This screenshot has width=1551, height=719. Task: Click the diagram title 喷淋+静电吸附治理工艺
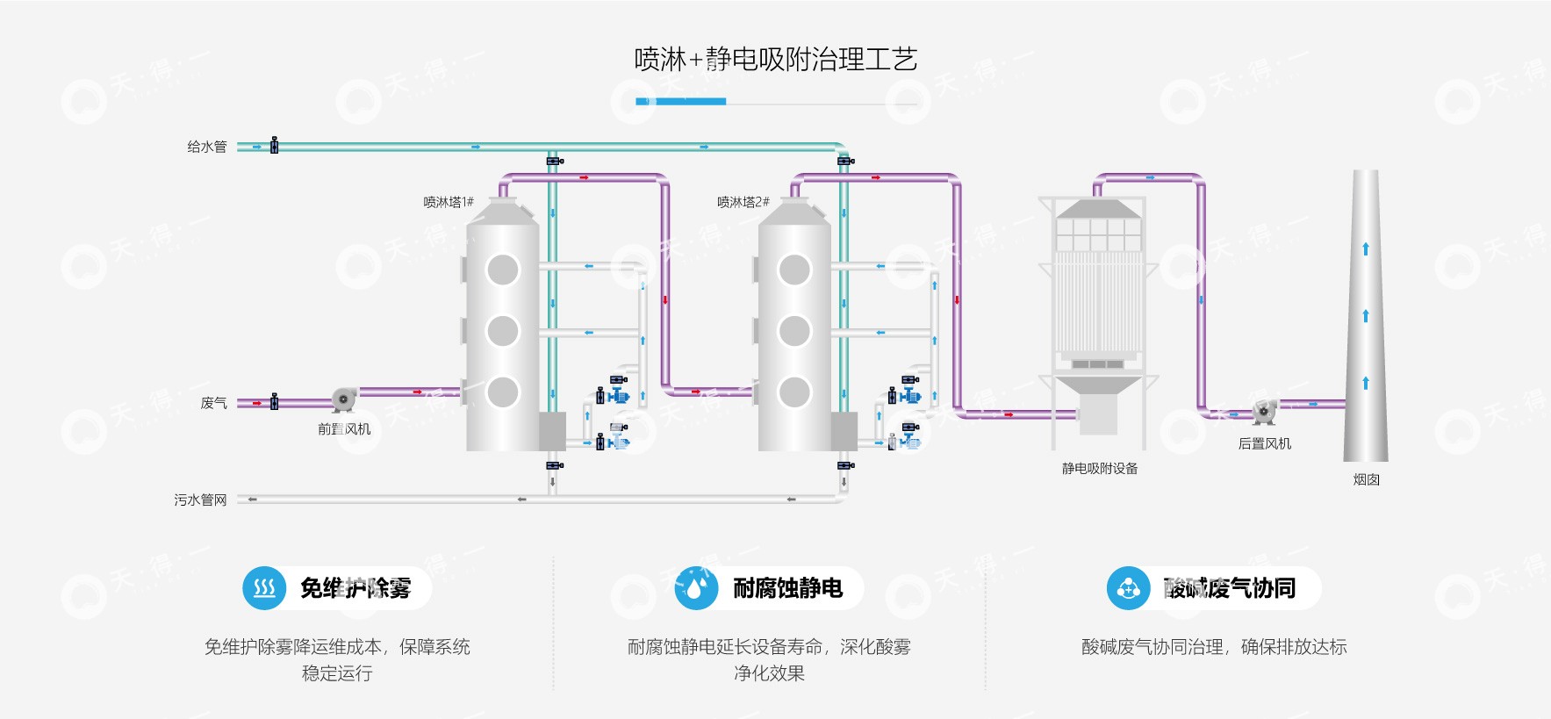point(775,60)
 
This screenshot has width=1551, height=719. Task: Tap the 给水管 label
point(207,147)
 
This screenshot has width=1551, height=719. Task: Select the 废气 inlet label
point(213,403)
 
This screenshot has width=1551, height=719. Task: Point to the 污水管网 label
point(200,500)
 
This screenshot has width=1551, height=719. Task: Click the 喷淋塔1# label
point(449,202)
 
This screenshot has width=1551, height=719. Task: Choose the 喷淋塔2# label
point(743,202)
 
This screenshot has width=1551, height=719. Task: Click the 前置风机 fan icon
point(343,399)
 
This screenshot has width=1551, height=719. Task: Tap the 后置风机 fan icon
point(1264,410)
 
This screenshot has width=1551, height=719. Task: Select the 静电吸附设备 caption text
point(1100,469)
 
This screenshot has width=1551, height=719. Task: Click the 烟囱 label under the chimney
point(1366,479)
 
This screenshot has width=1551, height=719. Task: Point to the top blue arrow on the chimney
point(1366,249)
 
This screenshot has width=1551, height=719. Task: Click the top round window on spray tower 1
point(503,270)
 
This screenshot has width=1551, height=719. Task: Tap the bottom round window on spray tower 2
point(794,392)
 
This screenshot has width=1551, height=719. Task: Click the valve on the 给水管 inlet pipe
point(274,146)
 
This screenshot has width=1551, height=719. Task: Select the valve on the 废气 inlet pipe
point(274,402)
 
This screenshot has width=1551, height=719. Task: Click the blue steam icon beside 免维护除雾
point(264,587)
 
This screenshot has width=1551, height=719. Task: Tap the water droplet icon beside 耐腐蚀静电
point(696,587)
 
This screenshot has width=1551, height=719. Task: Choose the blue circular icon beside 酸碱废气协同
point(1128,587)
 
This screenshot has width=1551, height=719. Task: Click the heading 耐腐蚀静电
point(787,587)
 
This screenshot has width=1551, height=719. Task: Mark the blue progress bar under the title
point(680,102)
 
